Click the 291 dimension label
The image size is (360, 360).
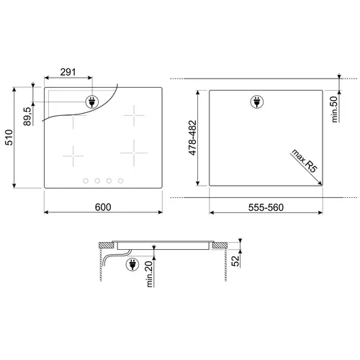pos(68,72)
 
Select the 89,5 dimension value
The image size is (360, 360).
pos(27,117)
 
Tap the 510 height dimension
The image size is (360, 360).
pos(9,138)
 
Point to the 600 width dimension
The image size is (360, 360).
pos(103,207)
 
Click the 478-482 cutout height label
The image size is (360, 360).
pos(192,138)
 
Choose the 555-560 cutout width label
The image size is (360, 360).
pos(266,207)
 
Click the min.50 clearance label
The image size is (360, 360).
pos(334,109)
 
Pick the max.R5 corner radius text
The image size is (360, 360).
pos(305,161)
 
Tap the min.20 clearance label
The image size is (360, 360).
pos(149,274)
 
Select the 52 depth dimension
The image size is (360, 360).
pos(235,261)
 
